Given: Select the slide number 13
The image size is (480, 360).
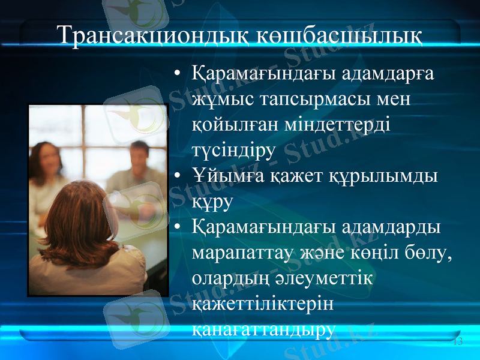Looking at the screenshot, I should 458,341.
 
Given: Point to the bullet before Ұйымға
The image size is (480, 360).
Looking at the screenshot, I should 177,176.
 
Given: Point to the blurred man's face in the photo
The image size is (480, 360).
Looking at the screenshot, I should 139,154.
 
